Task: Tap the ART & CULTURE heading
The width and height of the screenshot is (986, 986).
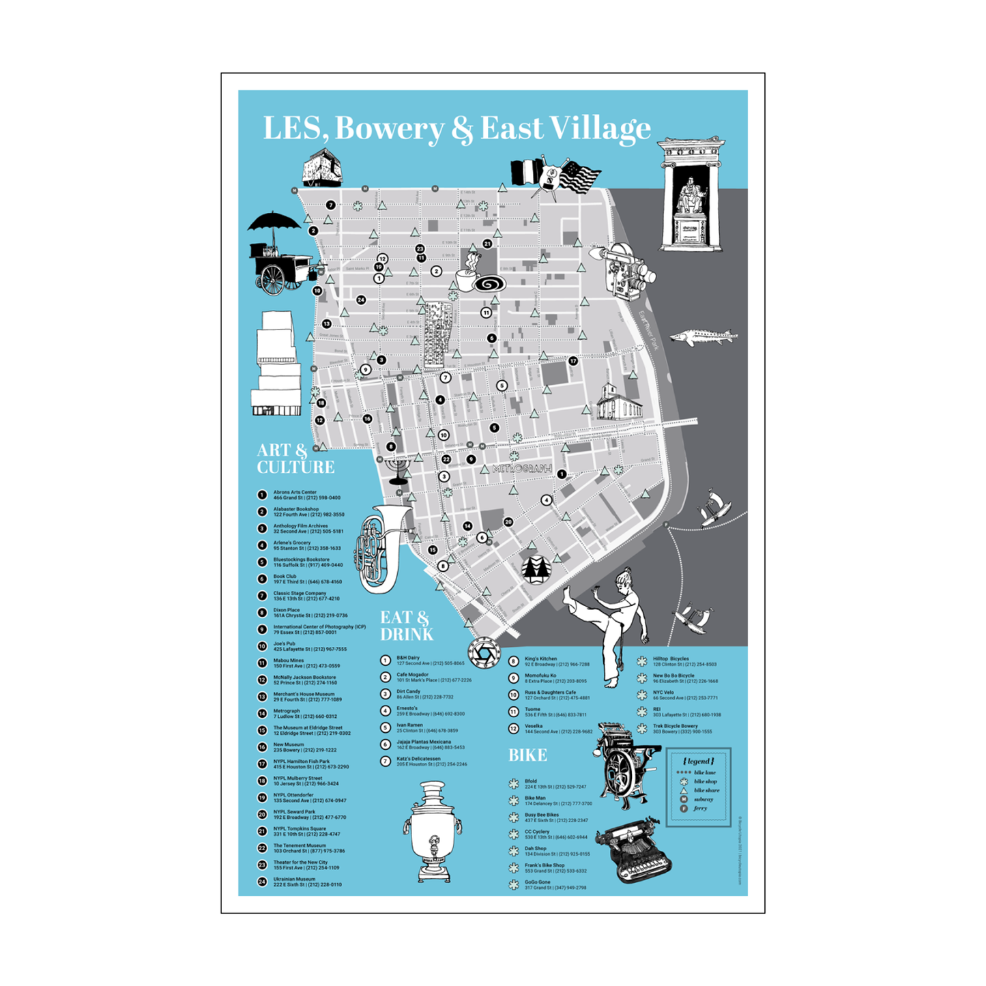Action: click(x=295, y=459)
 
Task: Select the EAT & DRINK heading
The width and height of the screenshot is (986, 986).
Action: click(x=406, y=626)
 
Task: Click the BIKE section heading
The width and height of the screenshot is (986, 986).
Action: click(x=527, y=755)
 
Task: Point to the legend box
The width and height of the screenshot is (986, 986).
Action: click(x=698, y=787)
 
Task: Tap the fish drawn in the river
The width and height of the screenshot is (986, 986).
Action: click(x=703, y=336)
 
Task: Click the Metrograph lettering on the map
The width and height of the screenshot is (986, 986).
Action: click(x=522, y=469)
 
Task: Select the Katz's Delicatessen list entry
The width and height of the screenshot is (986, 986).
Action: click(x=431, y=761)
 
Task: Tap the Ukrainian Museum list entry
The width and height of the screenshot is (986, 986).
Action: click(x=307, y=882)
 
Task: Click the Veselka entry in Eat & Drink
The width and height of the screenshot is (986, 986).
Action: click(x=557, y=729)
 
